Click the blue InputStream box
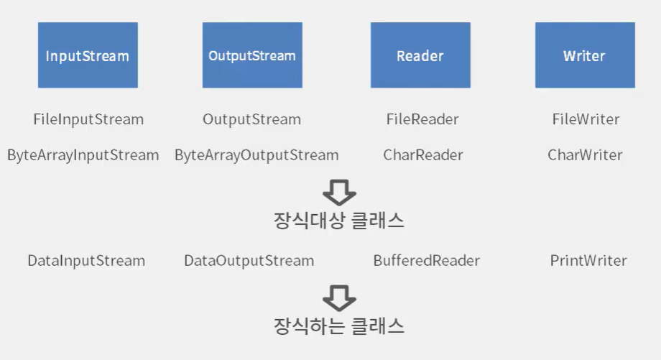point(88,55)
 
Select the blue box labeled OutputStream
point(251,55)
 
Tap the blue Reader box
point(420,55)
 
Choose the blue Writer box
point(584,55)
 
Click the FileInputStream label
point(88,119)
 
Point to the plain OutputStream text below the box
point(251,119)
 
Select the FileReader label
point(422,119)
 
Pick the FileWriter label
point(586,119)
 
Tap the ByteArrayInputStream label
point(83,155)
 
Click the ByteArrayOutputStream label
point(256,155)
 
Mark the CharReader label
point(423,155)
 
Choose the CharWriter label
point(585,155)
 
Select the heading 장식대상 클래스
point(339,221)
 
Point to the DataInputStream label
point(86,261)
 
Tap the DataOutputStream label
point(249,261)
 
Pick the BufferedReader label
point(426,261)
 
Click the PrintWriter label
point(588,261)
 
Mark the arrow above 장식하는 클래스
point(339,297)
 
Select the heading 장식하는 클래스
point(339,326)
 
